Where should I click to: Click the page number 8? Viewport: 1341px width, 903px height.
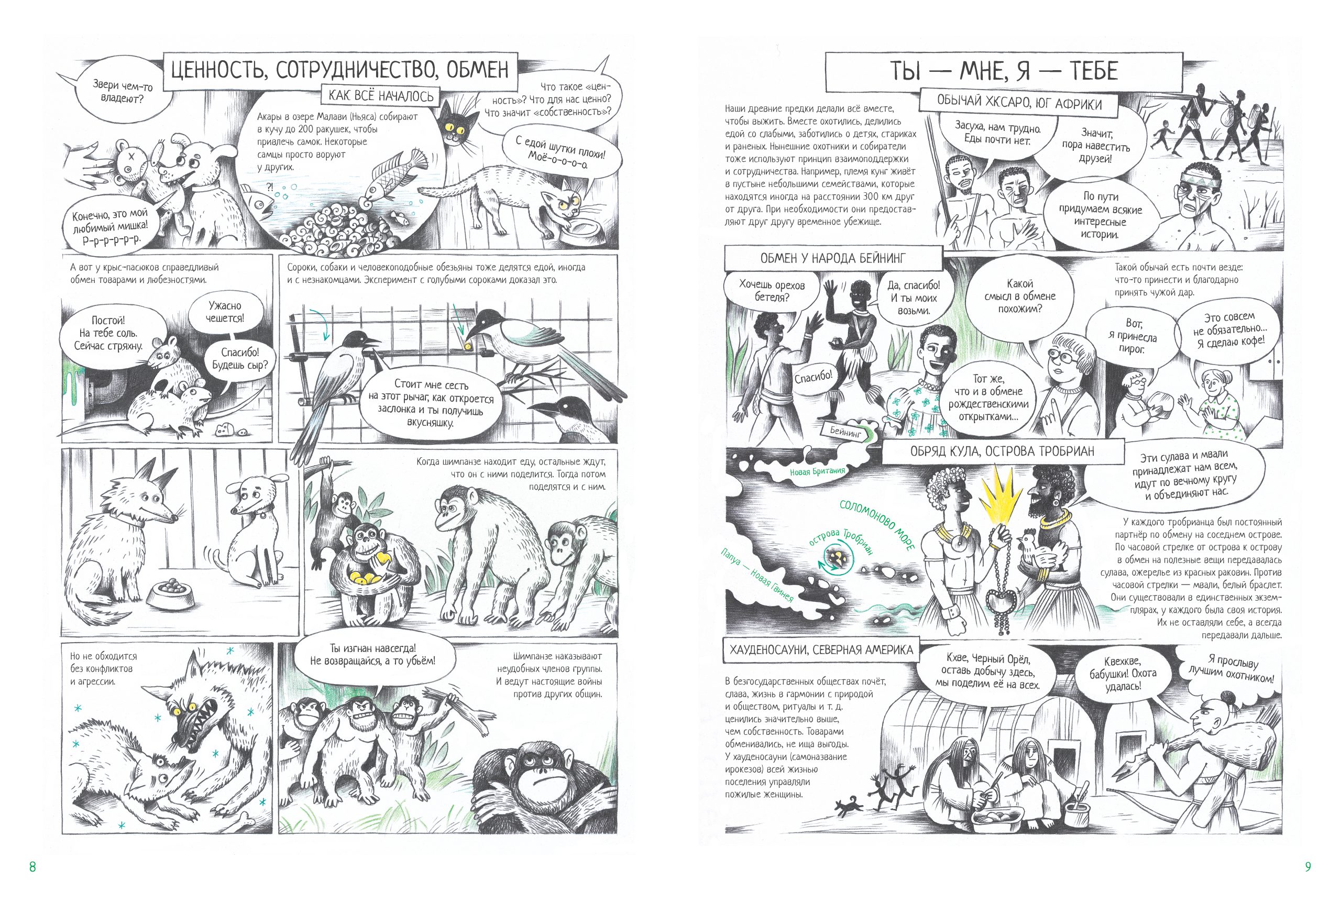click(32, 866)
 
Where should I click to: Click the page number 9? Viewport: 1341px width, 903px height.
click(1307, 866)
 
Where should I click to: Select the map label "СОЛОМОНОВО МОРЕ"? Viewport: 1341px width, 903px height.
click(877, 525)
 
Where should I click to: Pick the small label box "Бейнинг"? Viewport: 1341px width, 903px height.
click(846, 432)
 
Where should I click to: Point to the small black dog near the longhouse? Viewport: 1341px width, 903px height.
click(847, 807)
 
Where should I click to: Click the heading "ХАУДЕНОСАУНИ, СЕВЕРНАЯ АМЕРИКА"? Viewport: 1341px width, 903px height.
click(821, 649)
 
